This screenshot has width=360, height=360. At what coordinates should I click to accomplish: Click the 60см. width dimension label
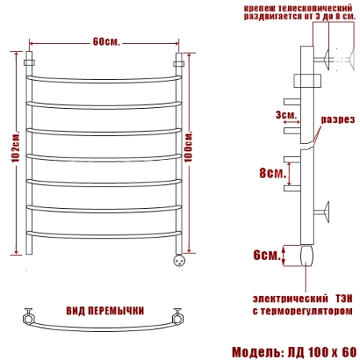click(106, 42)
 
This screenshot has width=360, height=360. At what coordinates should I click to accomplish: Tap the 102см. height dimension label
click(16, 146)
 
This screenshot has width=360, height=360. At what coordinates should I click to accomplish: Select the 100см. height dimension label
click(188, 146)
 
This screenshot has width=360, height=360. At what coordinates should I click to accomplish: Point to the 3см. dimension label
click(286, 115)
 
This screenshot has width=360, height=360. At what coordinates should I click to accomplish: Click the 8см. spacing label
click(273, 173)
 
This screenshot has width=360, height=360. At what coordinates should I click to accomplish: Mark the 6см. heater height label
click(267, 255)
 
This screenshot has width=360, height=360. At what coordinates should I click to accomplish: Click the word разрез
click(338, 119)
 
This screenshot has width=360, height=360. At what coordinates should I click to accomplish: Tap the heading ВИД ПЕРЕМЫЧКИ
click(105, 311)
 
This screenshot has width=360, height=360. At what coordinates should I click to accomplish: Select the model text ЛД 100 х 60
click(322, 352)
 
